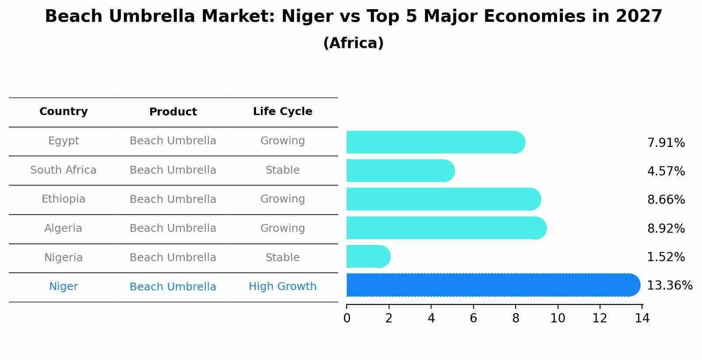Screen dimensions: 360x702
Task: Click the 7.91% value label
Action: coord(666,143)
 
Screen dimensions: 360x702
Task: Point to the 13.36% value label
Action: coord(669,286)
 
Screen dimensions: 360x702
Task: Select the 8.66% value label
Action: coord(666,200)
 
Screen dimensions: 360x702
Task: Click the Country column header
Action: coord(63,112)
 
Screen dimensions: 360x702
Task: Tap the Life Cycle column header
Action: coord(282,112)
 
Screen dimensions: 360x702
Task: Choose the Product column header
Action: coord(173,112)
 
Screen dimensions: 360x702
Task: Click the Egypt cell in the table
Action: coord(63,141)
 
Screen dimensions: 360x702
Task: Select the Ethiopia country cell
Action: coord(63,199)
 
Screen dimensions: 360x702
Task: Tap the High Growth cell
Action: coord(282,287)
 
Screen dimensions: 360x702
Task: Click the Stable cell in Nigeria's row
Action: coord(282,258)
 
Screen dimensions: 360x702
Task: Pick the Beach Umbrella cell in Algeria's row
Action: coord(173,228)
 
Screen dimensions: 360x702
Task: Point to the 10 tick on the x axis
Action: coord(558,318)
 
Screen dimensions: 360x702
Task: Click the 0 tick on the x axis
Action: coord(347,318)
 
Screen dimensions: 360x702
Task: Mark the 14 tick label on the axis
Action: coord(642,318)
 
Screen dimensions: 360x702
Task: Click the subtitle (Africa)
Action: coord(353,43)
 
